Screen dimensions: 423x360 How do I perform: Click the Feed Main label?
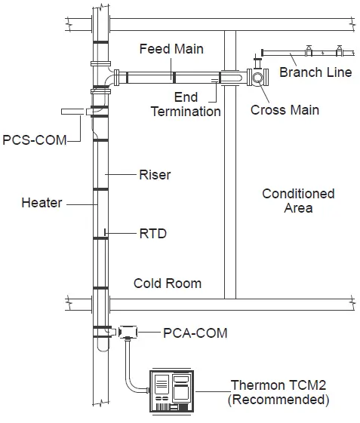click(x=171, y=49)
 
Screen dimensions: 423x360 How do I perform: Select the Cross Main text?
click(x=285, y=110)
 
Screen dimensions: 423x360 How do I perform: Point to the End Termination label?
click(x=186, y=105)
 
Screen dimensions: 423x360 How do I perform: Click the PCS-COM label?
click(x=35, y=139)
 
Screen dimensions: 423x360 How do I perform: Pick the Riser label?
click(x=155, y=175)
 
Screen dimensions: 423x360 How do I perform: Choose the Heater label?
click(x=42, y=203)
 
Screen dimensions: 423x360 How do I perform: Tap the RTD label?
click(x=152, y=234)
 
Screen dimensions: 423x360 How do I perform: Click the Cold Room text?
click(x=168, y=284)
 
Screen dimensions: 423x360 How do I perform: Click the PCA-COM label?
click(x=195, y=332)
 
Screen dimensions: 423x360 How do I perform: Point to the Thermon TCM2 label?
click(x=280, y=385)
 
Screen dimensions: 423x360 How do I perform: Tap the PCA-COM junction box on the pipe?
click(x=128, y=332)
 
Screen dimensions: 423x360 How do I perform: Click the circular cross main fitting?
click(x=259, y=78)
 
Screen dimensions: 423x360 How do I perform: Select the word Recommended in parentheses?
click(x=278, y=400)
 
